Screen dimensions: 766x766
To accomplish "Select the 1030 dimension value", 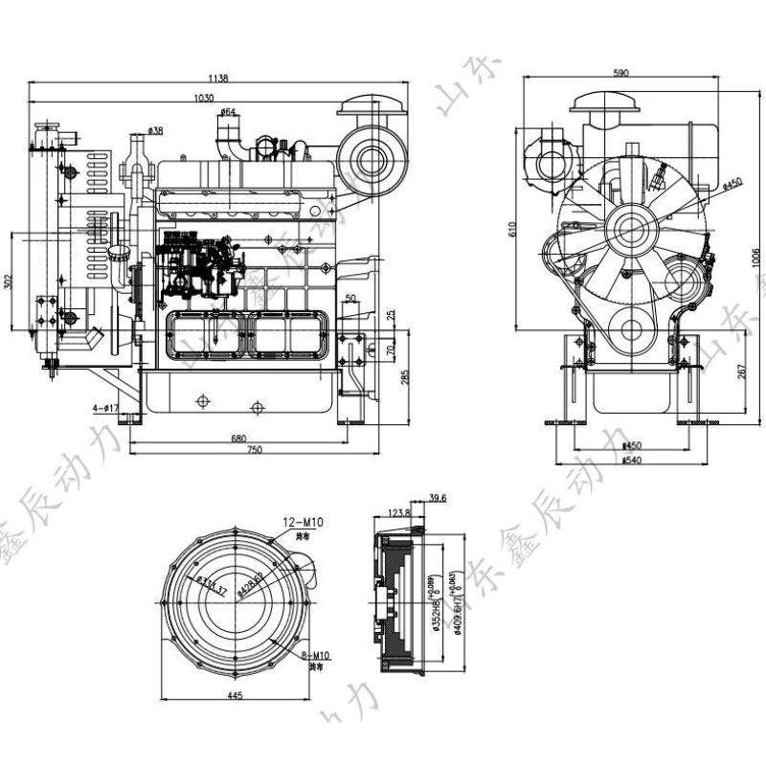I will (x=203, y=98).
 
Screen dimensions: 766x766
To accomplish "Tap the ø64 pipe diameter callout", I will (x=228, y=113).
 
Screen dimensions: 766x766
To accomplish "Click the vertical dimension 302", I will (x=10, y=282).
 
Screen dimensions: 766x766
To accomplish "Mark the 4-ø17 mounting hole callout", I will (x=105, y=408).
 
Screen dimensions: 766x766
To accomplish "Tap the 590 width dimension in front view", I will (x=621, y=73).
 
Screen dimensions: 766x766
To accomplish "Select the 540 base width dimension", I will (x=631, y=461).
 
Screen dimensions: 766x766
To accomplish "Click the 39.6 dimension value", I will (x=438, y=498).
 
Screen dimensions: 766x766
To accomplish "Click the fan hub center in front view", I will (x=631, y=230).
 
